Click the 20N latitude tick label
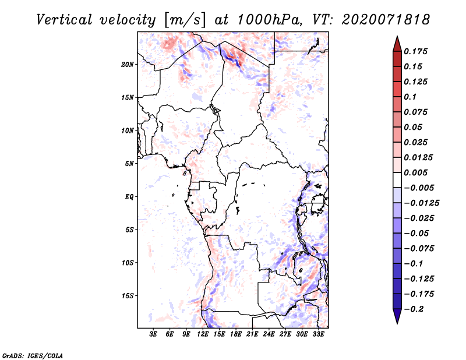click(x=128, y=65)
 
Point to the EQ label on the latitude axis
click(x=129, y=197)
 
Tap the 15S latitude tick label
click(x=128, y=296)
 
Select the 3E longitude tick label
click(x=153, y=334)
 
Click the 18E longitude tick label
click(x=236, y=334)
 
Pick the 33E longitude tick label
click(x=318, y=334)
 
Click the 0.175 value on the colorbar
click(x=416, y=51)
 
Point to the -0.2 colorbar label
click(x=414, y=309)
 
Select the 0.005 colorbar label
click(x=416, y=172)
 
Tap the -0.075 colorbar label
click(x=419, y=249)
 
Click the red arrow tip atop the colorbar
click(x=397, y=37)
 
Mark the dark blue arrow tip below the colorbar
click(x=397, y=323)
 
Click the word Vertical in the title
click(x=64, y=20)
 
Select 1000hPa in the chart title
click(x=268, y=20)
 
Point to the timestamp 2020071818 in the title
click(x=386, y=20)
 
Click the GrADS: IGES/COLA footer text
click(x=33, y=356)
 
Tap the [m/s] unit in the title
click(x=185, y=20)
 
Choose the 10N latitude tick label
click(x=128, y=130)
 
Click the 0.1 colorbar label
click(x=411, y=97)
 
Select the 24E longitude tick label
click(x=269, y=334)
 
